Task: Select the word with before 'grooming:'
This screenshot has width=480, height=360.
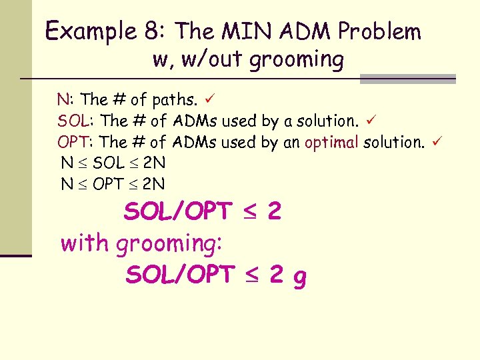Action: click(85, 243)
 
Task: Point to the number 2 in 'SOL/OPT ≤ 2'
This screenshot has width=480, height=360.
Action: click(273, 212)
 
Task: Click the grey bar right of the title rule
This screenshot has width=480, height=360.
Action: click(407, 79)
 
